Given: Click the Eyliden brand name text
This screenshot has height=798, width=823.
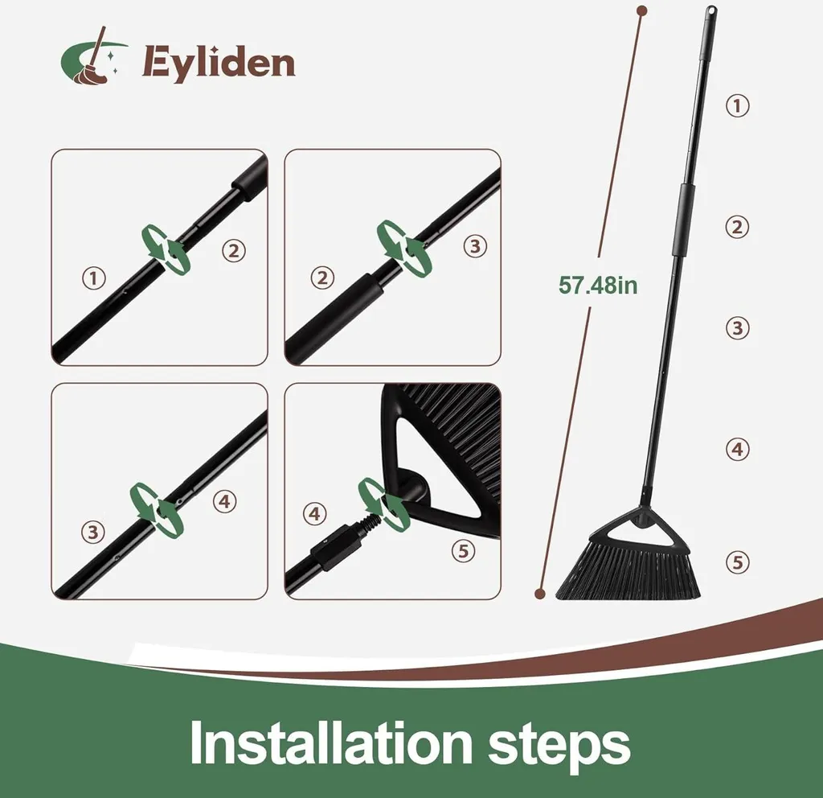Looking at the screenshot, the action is tap(219, 64).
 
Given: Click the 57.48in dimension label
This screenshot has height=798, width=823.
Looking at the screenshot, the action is tap(598, 286).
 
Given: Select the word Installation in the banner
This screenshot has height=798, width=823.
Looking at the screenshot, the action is tap(330, 742).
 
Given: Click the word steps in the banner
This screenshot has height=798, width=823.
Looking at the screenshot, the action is tap(559, 746).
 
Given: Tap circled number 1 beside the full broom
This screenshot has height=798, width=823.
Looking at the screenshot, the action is tap(738, 105).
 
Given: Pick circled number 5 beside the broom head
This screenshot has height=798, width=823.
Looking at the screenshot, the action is tap(738, 562).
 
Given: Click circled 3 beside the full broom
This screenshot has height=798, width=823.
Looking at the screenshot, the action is tap(738, 328).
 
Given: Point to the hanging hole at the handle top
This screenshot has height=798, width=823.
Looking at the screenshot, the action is tap(712, 10).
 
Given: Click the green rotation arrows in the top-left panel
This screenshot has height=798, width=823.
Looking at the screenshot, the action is tap(166, 249).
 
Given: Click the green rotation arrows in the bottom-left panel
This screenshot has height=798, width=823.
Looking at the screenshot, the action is tap(157, 510).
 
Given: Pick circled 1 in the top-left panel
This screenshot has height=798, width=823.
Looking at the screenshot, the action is tap(94, 278).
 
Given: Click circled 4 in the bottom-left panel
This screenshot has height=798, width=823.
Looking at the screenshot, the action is tap(225, 502).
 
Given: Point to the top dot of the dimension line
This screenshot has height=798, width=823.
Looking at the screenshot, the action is tap(641, 10).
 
